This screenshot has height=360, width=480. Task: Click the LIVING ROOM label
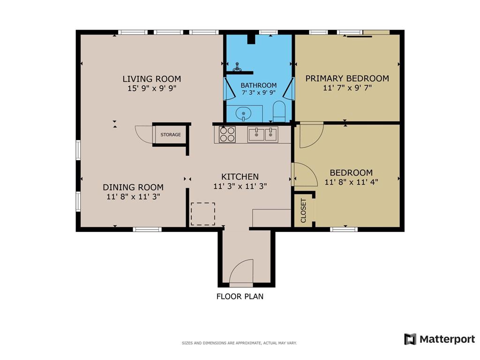(151, 79)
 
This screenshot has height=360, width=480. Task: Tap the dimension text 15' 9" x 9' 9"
(151, 88)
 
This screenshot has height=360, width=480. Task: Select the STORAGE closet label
(171, 135)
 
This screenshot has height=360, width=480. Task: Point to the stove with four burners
(227, 135)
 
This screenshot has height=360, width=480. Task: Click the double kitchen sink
(262, 135)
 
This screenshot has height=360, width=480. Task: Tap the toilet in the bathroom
(279, 111)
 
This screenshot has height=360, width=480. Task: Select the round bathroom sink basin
(243, 113)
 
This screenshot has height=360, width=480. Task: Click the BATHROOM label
(258, 85)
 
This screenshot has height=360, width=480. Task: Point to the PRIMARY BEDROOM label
(347, 78)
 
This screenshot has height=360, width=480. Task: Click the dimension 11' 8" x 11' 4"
(351, 182)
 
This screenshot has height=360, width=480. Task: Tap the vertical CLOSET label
(303, 210)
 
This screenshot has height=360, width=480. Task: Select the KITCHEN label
(240, 177)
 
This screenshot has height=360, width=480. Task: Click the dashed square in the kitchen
(203, 214)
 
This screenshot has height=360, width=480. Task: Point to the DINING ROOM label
(133, 187)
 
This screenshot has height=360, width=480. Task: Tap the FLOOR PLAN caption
(240, 296)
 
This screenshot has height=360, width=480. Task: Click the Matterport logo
(440, 339)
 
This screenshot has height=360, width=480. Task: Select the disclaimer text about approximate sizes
(239, 343)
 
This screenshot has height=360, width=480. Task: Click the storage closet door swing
(143, 134)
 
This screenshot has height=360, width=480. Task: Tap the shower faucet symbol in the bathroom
(238, 67)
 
